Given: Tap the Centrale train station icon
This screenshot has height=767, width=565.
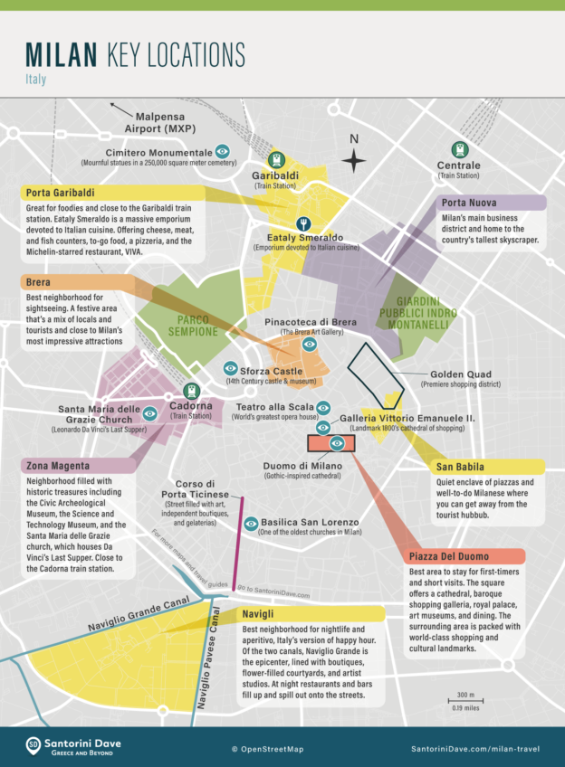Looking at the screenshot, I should pyautogui.click(x=459, y=149).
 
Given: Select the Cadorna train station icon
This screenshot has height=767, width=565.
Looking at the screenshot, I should pyautogui.click(x=191, y=392).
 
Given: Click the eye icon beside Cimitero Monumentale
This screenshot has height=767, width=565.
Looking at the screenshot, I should pyautogui.click(x=223, y=151).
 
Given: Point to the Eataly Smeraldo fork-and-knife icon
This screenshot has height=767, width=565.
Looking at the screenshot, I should pyautogui.click(x=304, y=223).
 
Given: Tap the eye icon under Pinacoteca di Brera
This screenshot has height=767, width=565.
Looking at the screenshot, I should pyautogui.click(x=309, y=345).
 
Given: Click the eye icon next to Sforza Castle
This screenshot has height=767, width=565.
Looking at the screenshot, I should pyautogui.click(x=230, y=370).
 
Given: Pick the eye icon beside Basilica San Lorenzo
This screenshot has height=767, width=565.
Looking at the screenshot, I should pyautogui.click(x=251, y=523).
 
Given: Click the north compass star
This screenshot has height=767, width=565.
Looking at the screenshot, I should pyautogui.click(x=355, y=161).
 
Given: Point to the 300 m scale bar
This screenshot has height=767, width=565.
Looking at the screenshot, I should pyautogui.click(x=464, y=702).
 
